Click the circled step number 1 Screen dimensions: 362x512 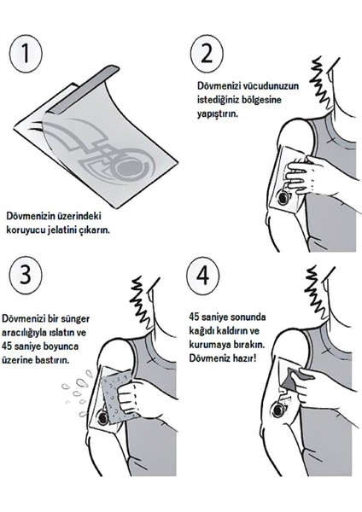(x=26, y=54)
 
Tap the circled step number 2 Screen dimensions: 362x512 (x=207, y=53)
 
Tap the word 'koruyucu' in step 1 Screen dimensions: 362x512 (x=25, y=230)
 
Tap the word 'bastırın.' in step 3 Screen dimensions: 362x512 (x=52, y=360)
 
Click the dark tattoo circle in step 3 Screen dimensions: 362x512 (x=103, y=418)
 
